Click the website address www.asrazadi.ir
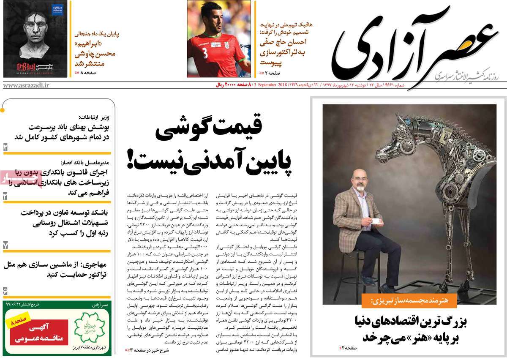tap(26, 85)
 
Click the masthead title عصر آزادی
tap(416, 46)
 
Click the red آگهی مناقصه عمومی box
tap(36, 332)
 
